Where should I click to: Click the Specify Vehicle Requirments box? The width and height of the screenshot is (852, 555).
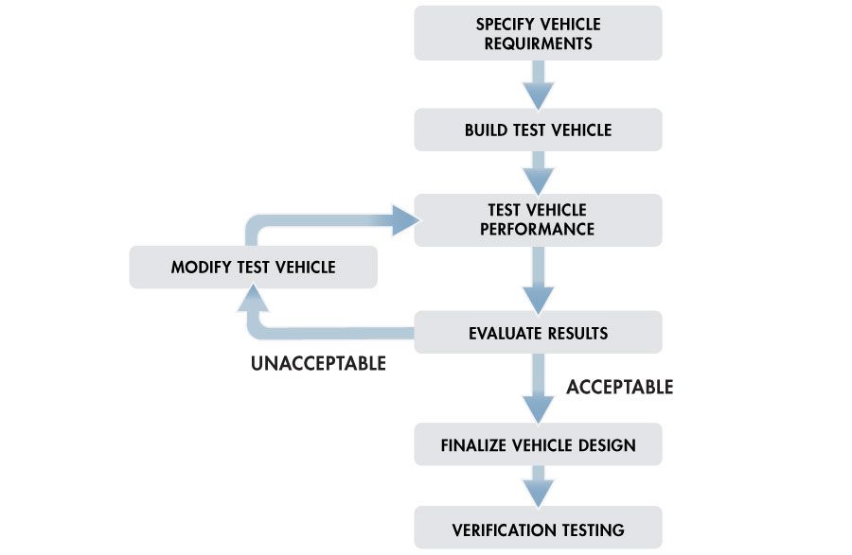[538, 33]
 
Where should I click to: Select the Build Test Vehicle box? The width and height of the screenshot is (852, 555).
[538, 130]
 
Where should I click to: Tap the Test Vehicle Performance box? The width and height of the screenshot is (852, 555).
[538, 219]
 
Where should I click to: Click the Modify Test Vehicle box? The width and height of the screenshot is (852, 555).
[253, 268]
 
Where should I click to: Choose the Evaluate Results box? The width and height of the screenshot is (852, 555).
[538, 333]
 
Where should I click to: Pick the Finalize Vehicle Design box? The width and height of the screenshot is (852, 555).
[538, 444]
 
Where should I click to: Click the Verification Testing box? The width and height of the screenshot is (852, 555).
[538, 529]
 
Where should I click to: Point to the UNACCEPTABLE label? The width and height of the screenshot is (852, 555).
[318, 363]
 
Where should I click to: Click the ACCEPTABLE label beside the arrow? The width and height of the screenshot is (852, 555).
[619, 387]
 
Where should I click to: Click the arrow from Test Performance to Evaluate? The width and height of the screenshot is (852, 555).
[539, 279]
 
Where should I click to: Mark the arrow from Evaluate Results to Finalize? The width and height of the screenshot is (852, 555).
[539, 388]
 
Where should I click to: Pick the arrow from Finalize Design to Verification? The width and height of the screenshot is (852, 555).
[539, 487]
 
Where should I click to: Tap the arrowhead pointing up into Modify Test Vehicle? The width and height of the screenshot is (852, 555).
[254, 301]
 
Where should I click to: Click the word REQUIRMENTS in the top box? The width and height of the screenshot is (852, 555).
[538, 43]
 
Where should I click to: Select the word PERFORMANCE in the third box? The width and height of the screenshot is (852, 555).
[537, 230]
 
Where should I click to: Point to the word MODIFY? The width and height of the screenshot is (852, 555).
[195, 268]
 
